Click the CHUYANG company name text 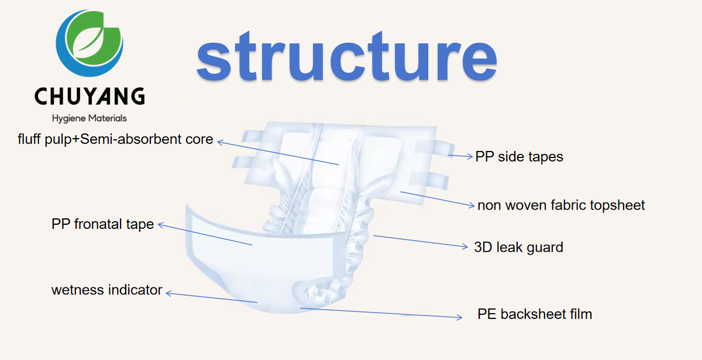pyautogui.click(x=90, y=96)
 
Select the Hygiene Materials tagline pyautogui.click(x=90, y=118)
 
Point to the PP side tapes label pyautogui.click(x=519, y=157)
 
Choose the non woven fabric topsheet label pyautogui.click(x=561, y=205)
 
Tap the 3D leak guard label pyautogui.click(x=518, y=247)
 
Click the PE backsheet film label pyautogui.click(x=535, y=314)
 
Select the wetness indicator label pyautogui.click(x=106, y=290)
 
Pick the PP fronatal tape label pyautogui.click(x=102, y=224)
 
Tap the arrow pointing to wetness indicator pyautogui.click(x=211, y=297)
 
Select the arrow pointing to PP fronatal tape pyautogui.click(x=205, y=234)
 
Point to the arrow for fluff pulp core pyautogui.click(x=278, y=153)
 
